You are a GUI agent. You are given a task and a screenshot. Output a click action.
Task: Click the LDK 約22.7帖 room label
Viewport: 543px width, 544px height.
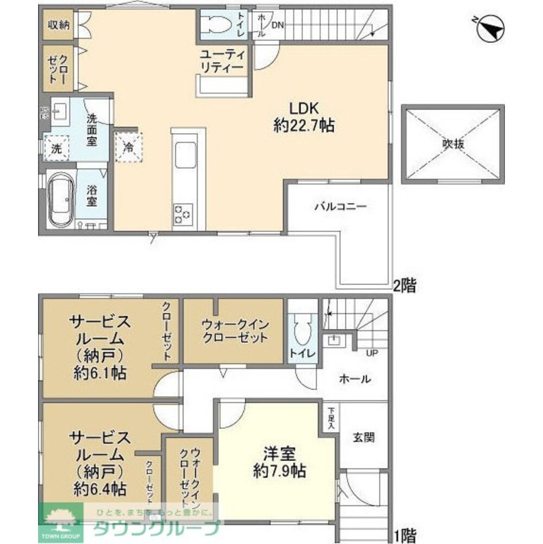[x=303, y=116]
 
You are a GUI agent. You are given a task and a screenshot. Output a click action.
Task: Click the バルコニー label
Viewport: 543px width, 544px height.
[x=341, y=207]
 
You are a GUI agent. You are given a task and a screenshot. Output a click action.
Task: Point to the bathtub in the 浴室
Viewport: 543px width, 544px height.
[x=59, y=200]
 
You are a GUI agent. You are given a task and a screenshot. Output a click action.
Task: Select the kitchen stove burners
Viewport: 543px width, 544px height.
[x=183, y=214]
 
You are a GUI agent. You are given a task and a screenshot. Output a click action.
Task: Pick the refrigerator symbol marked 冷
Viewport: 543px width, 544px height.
[x=129, y=146]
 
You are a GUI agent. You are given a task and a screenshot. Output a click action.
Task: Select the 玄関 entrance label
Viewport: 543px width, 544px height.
[x=364, y=437]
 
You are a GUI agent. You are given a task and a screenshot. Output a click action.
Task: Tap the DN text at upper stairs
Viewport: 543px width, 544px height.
[x=277, y=25]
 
